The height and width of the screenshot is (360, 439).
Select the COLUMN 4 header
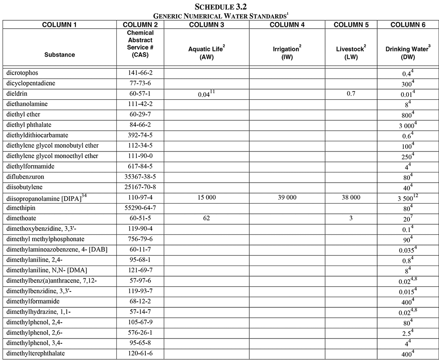pyautogui.click(x=287, y=25)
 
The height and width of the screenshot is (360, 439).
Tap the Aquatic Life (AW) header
pyautogui.click(x=207, y=53)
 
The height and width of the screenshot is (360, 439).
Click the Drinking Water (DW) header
pyautogui.click(x=408, y=53)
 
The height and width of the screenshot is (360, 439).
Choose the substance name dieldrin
pyautogui.click(x=17, y=94)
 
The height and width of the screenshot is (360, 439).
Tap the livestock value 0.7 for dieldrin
pyautogui.click(x=351, y=94)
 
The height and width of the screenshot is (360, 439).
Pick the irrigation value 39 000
pyautogui.click(x=287, y=198)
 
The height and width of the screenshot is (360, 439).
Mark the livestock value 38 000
pyautogui.click(x=351, y=198)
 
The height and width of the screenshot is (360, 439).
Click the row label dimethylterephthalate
pyautogui.click(x=33, y=353)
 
